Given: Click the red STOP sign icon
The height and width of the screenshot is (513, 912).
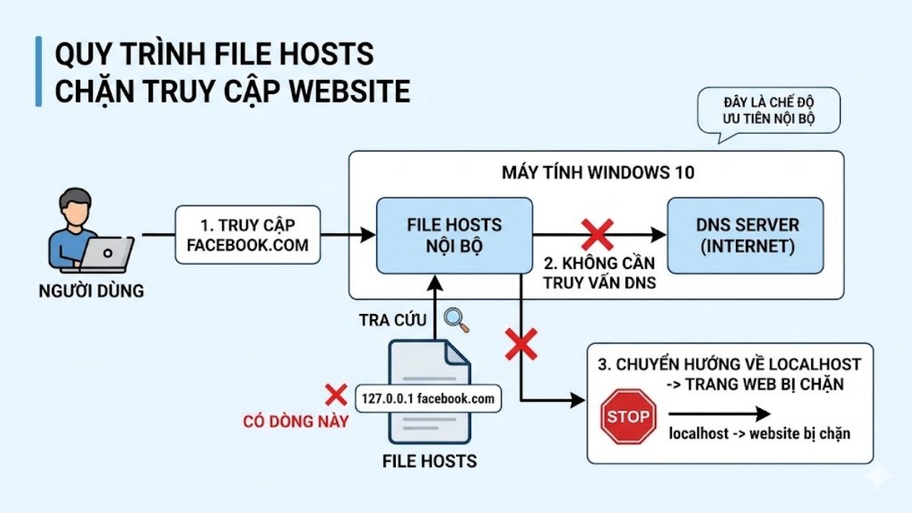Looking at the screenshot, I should click(629, 416).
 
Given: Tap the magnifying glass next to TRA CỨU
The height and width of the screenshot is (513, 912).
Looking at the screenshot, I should click(456, 319).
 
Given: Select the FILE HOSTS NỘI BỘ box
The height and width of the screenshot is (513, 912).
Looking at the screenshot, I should click(454, 235).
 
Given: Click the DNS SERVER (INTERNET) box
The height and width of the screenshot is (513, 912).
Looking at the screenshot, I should click(745, 235).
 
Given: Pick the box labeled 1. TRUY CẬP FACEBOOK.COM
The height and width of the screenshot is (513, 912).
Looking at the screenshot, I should click(248, 235).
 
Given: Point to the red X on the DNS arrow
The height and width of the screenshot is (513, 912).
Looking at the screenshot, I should click(597, 234).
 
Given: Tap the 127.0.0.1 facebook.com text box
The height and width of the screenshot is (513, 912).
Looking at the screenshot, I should click(429, 397).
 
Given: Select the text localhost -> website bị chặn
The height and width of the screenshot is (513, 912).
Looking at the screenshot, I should click(759, 434).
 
